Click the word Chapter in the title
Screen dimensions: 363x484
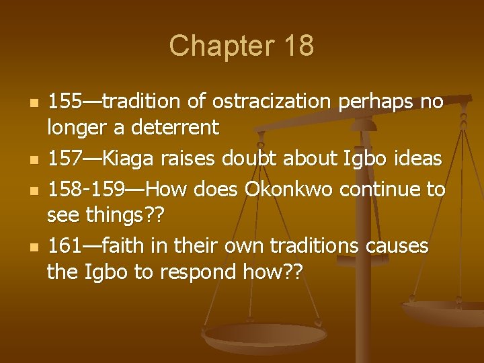coord(212,46)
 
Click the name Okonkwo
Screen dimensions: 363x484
coord(296,190)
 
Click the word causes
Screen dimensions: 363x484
coord(397,247)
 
